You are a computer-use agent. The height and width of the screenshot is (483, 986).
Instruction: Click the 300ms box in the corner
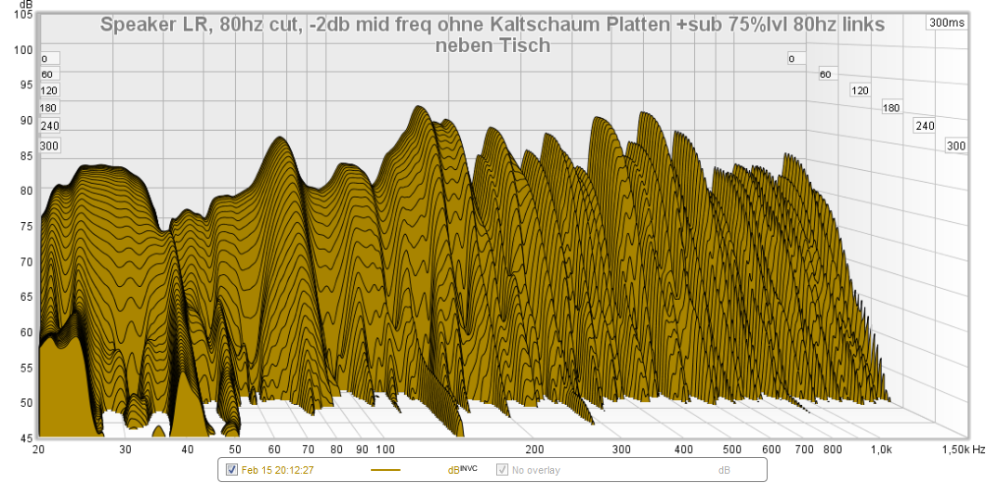click(945, 23)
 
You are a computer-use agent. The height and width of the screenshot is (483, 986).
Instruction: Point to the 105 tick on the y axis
click(25, 16)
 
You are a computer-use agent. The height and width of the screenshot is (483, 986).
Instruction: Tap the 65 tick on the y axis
click(25, 297)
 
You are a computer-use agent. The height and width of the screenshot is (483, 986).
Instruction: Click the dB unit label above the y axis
click(24, 5)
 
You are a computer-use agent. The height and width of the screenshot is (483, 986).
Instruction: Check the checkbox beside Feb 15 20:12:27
click(231, 470)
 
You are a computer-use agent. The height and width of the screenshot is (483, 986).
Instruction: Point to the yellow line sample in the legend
click(385, 470)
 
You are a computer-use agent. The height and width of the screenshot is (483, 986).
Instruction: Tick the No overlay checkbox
click(503, 470)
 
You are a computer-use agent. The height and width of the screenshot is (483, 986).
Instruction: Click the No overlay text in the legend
click(536, 470)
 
